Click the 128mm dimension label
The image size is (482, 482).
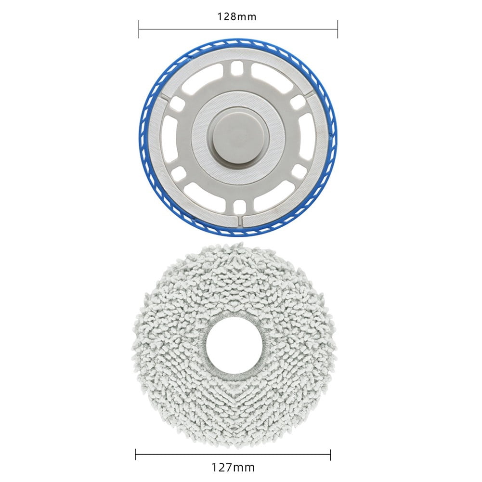pos(237,16)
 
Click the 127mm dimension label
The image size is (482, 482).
pos(234,468)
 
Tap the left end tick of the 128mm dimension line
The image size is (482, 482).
pos(139,29)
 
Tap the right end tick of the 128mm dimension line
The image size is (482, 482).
pos(338,29)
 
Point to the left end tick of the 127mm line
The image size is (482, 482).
pos(136,455)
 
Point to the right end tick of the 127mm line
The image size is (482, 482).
pos(330,455)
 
